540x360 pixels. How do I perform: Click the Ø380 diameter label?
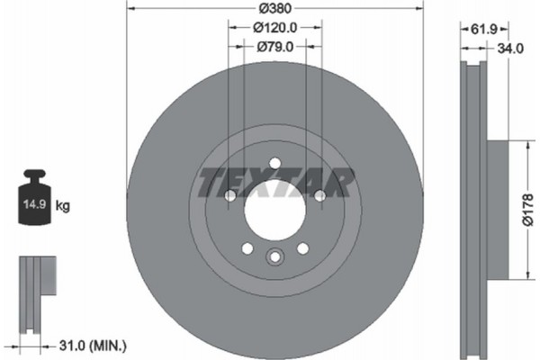(x=274, y=11)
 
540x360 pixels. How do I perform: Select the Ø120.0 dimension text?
(x=274, y=29)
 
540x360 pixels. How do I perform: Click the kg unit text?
(x=63, y=206)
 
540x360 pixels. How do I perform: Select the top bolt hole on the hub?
(x=274, y=163)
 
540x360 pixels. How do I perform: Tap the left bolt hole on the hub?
(x=229, y=195)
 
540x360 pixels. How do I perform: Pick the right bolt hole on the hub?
(x=319, y=195)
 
